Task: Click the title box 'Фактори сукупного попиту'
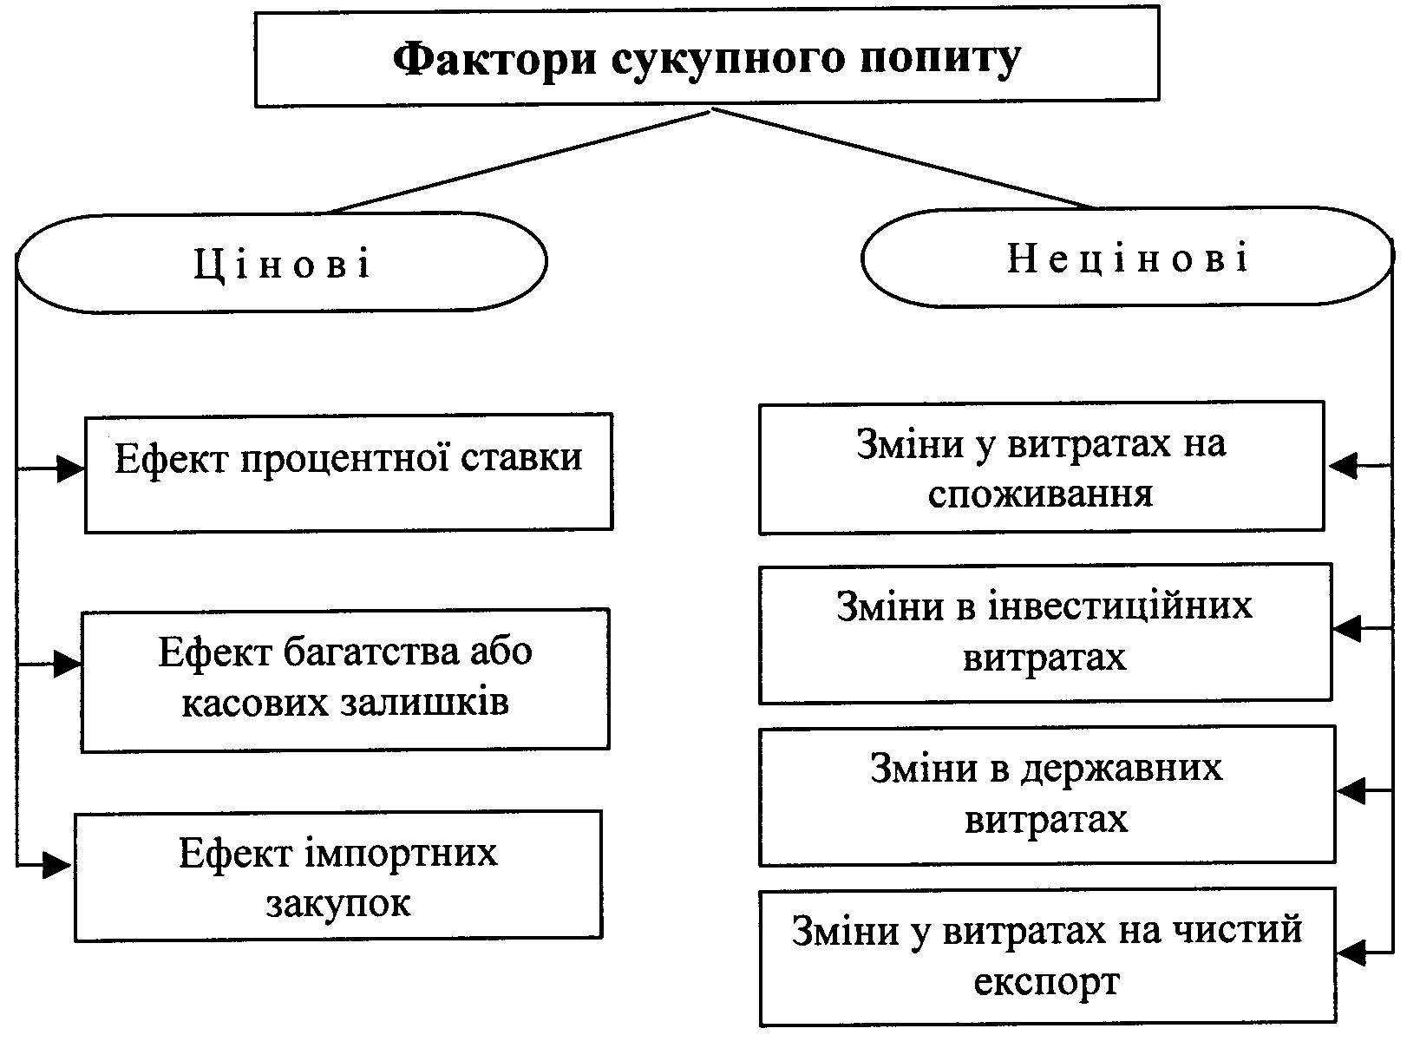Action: click(707, 57)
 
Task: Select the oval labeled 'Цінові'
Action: click(282, 262)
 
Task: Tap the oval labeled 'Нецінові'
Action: click(1128, 258)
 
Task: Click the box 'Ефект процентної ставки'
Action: click(349, 472)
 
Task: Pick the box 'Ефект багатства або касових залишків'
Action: click(345, 679)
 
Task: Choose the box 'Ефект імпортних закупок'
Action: click(338, 875)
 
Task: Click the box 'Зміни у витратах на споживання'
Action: click(1041, 468)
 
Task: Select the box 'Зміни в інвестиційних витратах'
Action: click(1045, 632)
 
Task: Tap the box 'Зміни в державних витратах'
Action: click(1047, 795)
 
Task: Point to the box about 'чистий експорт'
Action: click(1047, 956)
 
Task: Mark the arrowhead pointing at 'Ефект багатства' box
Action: click(68, 665)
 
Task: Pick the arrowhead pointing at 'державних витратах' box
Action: click(1351, 790)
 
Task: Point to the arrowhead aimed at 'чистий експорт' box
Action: click(1351, 953)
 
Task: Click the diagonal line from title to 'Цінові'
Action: click(519, 161)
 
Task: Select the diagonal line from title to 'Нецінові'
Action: click(902, 159)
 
